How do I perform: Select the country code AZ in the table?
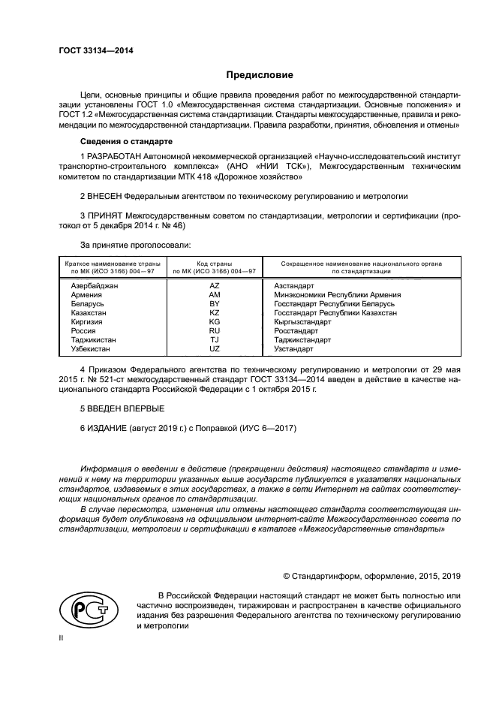pos(214,287)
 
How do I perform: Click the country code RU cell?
pos(214,331)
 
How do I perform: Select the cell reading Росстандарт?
pos(296,331)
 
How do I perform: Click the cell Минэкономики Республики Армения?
pos(337,296)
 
